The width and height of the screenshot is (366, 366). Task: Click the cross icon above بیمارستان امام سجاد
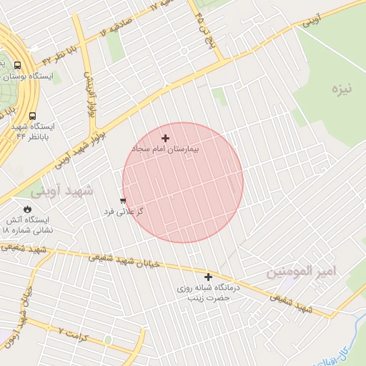[x=166, y=138]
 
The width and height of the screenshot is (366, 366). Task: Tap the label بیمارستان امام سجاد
[x=165, y=149]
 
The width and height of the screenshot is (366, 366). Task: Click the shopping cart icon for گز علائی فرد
[x=123, y=201]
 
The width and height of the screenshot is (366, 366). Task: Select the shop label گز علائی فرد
[x=124, y=212]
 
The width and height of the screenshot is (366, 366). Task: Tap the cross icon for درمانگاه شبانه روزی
[x=209, y=277]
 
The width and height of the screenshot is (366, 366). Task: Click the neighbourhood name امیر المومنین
[x=301, y=272]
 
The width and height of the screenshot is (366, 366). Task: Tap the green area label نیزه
[x=343, y=90]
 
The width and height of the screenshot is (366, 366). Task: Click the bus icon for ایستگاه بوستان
[x=17, y=65]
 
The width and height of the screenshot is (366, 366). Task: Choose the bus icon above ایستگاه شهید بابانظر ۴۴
[x=32, y=116]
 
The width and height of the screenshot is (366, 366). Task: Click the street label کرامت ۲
[x=71, y=333]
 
